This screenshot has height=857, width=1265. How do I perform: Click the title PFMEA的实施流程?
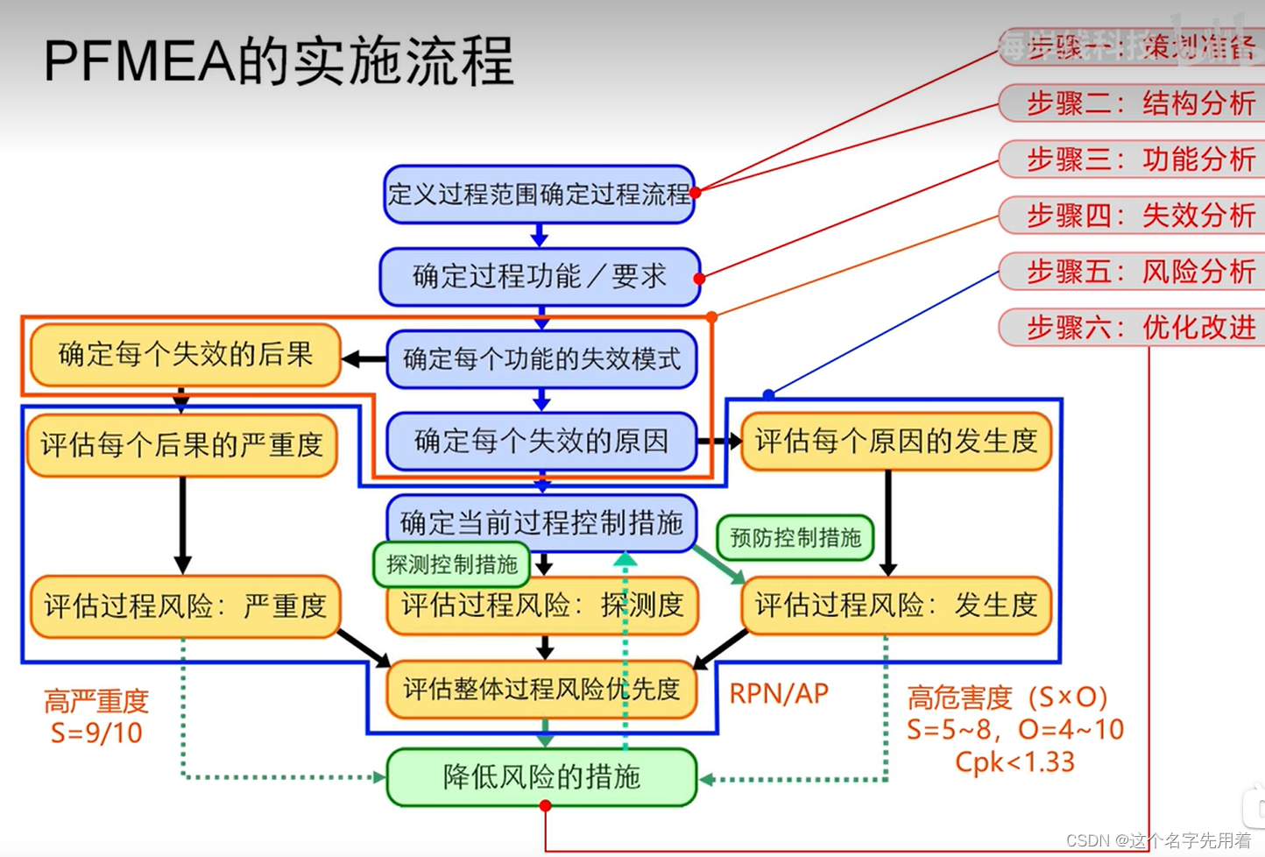point(279,61)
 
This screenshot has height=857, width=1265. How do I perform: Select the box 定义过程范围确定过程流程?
point(539,194)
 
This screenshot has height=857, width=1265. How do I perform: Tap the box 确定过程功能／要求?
point(540,277)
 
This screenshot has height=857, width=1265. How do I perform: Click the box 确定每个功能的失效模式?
point(541,358)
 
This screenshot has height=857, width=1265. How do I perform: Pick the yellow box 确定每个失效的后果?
point(185,355)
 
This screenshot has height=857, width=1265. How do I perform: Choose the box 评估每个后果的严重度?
point(182,445)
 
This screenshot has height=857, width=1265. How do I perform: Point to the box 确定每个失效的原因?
point(541,441)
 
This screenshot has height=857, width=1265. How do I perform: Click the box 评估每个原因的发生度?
point(895,441)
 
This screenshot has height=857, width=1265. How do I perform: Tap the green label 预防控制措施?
point(795,537)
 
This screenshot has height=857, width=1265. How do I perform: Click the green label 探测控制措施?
point(451,564)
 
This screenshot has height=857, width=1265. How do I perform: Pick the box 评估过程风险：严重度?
point(185,606)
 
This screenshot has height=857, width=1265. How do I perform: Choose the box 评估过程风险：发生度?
point(895,606)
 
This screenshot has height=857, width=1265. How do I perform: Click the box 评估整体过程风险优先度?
point(541,690)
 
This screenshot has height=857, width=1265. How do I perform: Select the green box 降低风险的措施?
point(541,777)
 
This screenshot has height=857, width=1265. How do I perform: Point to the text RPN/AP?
point(779,694)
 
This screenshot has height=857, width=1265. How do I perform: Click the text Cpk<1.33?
point(1014,762)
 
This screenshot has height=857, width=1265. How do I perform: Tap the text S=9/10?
point(96,733)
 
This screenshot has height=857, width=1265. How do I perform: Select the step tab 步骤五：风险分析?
point(1139,272)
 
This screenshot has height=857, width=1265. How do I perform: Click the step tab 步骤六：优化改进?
point(1139,328)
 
